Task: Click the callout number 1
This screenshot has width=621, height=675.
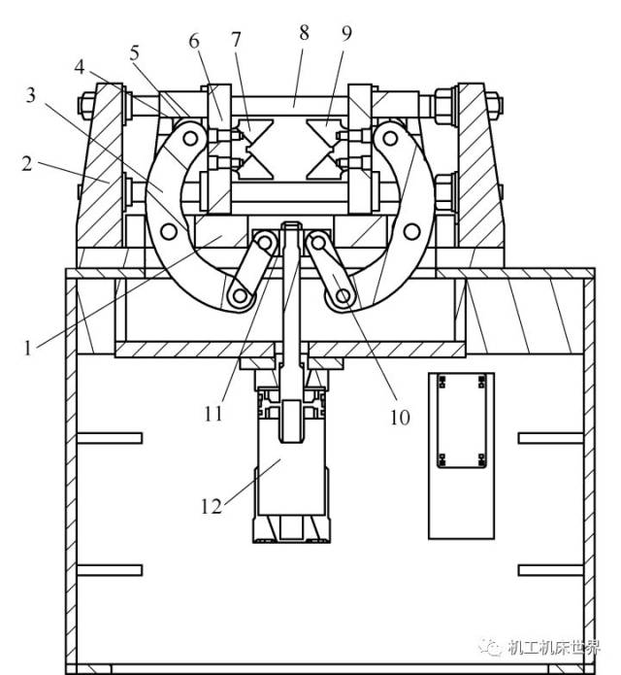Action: point(28,348)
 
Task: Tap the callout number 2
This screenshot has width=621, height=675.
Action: point(27,164)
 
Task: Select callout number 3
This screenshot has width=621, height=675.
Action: point(30,95)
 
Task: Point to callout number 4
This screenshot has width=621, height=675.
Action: point(80,68)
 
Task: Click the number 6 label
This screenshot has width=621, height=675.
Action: point(194,42)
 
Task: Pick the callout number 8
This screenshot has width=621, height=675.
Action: point(304,32)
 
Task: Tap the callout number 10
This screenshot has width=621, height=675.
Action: point(400,417)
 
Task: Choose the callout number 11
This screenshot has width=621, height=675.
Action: point(213,414)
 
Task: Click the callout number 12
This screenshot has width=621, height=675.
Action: point(212,506)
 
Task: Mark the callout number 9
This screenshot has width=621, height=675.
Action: point(346,33)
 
